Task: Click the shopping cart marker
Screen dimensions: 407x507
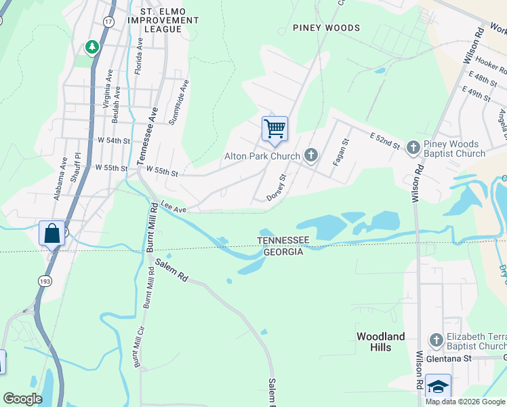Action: pos(275,129)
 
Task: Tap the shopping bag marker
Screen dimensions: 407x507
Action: pos(52,234)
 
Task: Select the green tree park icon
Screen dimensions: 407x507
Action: pos(92,47)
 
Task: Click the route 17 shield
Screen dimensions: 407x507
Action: pos(108,22)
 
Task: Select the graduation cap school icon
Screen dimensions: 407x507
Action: pos(438,387)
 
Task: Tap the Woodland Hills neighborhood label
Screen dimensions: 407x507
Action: pos(382,342)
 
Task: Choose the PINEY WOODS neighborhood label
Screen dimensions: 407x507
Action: pos(326,28)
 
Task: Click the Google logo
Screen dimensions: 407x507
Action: pos(23,398)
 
